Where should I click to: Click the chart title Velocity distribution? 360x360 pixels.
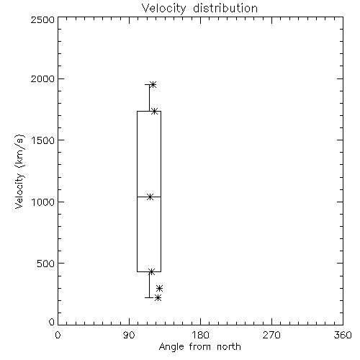pyautogui.click(x=199, y=9)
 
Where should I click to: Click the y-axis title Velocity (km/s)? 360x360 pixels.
pyautogui.click(x=19, y=171)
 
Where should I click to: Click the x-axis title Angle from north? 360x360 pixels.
pyautogui.click(x=199, y=347)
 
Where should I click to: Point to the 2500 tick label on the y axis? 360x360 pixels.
pyautogui.click(x=42, y=19)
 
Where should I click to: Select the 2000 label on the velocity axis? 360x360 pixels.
pyautogui.click(x=42, y=78)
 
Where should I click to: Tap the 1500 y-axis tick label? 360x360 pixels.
pyautogui.click(x=43, y=140)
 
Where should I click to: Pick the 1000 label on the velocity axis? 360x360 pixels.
pyautogui.click(x=43, y=202)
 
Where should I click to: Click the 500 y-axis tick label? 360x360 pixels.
pyautogui.click(x=46, y=264)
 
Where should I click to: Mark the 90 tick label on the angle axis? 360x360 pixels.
pyautogui.click(x=129, y=335)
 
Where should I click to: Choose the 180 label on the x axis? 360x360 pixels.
pyautogui.click(x=200, y=335)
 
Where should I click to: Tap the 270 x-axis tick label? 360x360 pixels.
pyautogui.click(x=271, y=335)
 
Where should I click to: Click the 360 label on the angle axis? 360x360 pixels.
pyautogui.click(x=343, y=335)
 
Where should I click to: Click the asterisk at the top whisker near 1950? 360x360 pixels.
pyautogui.click(x=153, y=84)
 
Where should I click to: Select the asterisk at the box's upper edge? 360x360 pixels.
pyautogui.click(x=154, y=111)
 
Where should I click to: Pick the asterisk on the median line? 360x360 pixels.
pyautogui.click(x=150, y=197)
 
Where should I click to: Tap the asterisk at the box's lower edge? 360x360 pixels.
pyautogui.click(x=151, y=271)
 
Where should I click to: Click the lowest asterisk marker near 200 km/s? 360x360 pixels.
pyautogui.click(x=158, y=298)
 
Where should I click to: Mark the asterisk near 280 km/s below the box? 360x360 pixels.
pyautogui.click(x=159, y=288)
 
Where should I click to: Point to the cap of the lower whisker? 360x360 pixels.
pyautogui.click(x=149, y=297)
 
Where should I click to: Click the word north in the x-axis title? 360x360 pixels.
pyautogui.click(x=229, y=347)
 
